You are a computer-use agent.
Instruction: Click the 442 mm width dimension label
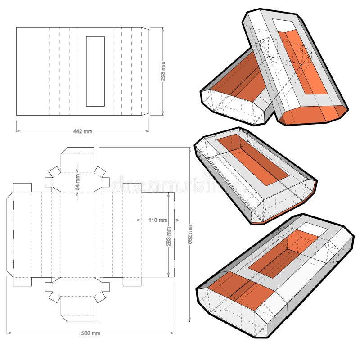[82, 131]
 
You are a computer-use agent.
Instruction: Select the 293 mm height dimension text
[163, 71]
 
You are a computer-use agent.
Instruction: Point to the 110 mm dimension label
[157, 220]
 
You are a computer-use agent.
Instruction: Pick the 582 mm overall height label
[189, 234]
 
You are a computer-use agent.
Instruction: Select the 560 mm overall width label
[90, 333]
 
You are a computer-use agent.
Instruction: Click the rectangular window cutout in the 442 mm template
[95, 71]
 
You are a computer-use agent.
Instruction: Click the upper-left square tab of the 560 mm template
[22, 188]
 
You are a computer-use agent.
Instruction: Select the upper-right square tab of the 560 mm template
[132, 188]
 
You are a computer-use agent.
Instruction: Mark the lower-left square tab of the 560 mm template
[22, 281]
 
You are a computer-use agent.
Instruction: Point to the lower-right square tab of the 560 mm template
[132, 281]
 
